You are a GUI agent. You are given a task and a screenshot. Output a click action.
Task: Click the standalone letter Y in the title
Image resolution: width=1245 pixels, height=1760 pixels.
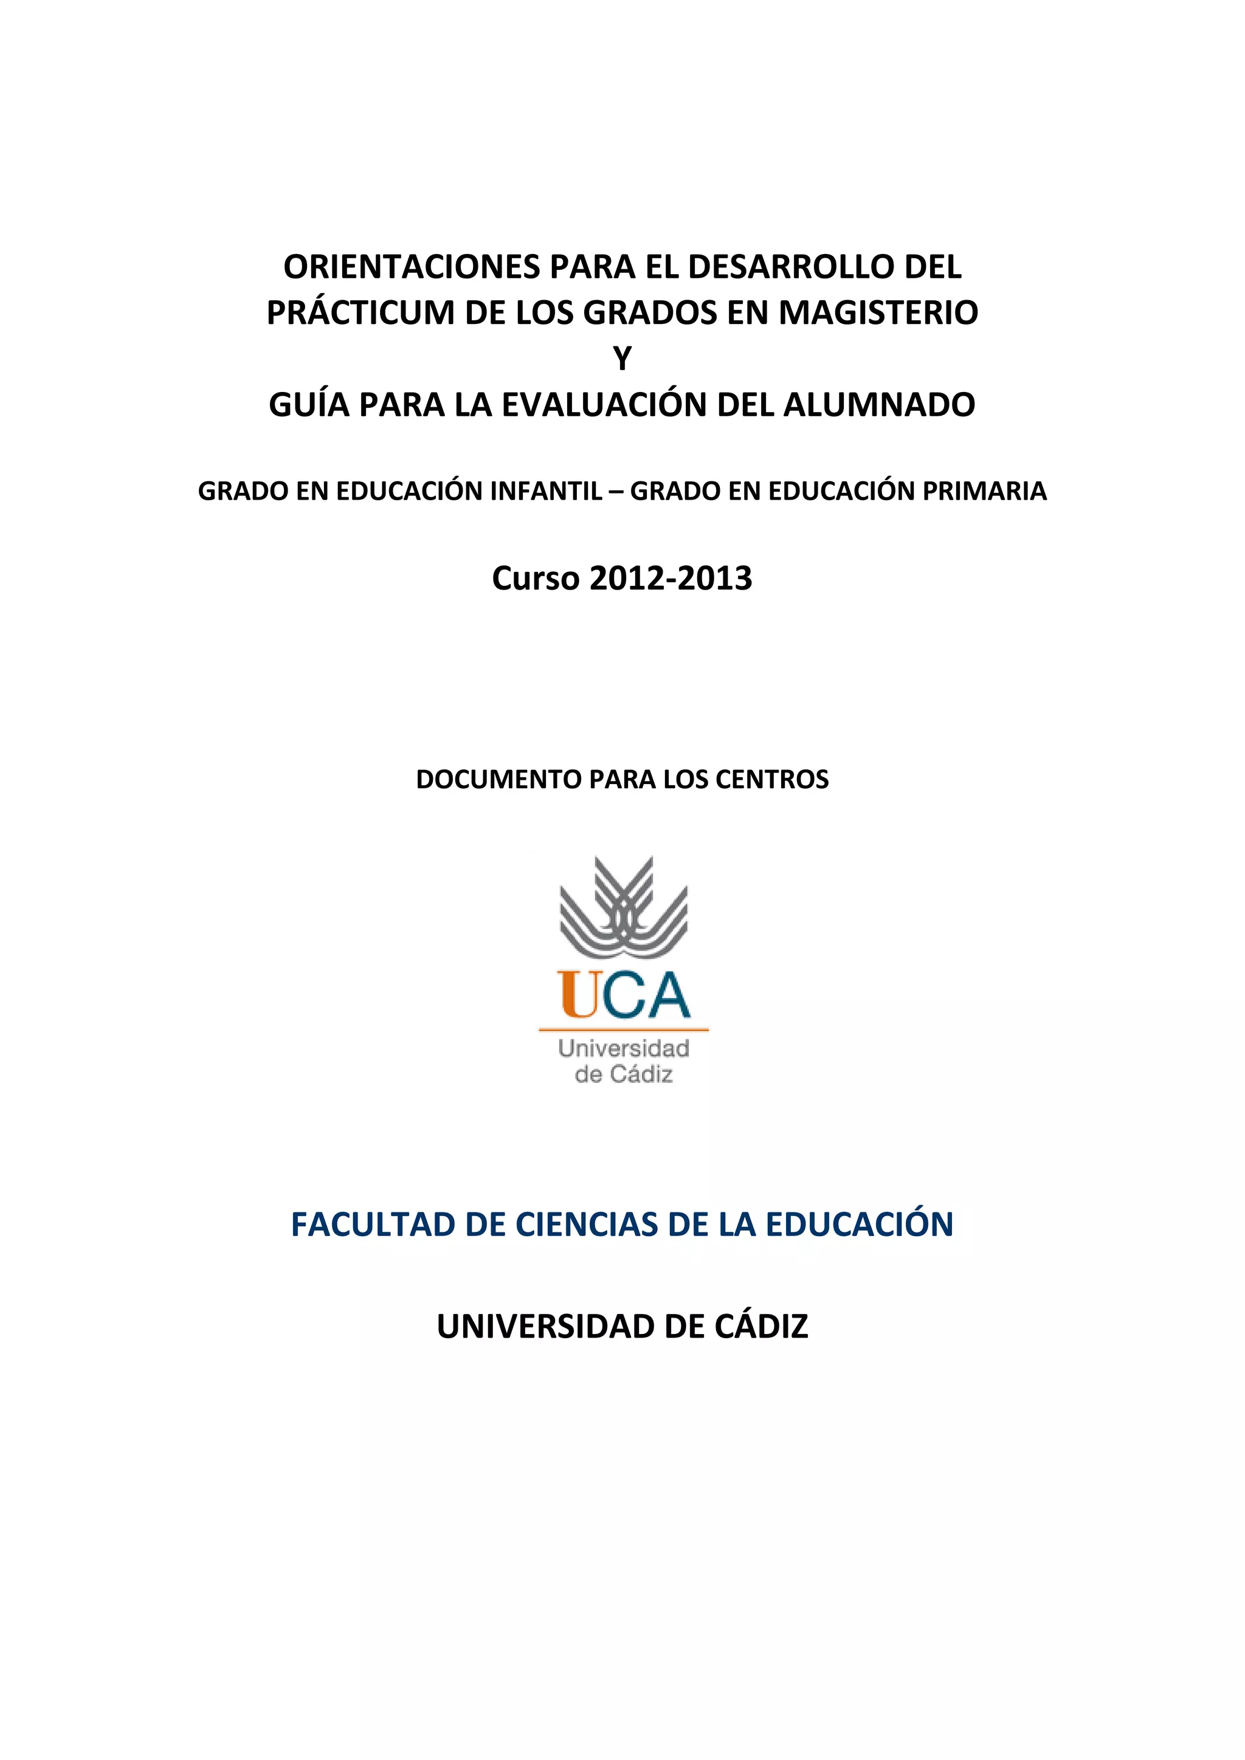(x=622, y=359)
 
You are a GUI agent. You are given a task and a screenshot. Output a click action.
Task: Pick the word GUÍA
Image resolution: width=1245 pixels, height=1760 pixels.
(x=308, y=405)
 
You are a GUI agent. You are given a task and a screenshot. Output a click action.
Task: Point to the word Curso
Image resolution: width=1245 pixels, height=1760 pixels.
(x=536, y=579)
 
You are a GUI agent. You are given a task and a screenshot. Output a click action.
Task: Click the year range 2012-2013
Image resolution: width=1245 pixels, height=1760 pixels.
(x=671, y=579)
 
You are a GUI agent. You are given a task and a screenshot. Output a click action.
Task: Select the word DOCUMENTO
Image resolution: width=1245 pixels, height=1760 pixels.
(x=498, y=780)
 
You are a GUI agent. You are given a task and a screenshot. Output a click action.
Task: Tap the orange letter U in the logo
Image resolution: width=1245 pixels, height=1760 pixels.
(x=579, y=994)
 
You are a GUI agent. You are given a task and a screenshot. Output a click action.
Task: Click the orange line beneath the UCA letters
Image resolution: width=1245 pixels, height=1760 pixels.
(x=623, y=1030)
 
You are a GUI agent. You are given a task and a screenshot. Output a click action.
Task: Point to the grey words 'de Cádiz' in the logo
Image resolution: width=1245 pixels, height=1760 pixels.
(x=623, y=1074)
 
